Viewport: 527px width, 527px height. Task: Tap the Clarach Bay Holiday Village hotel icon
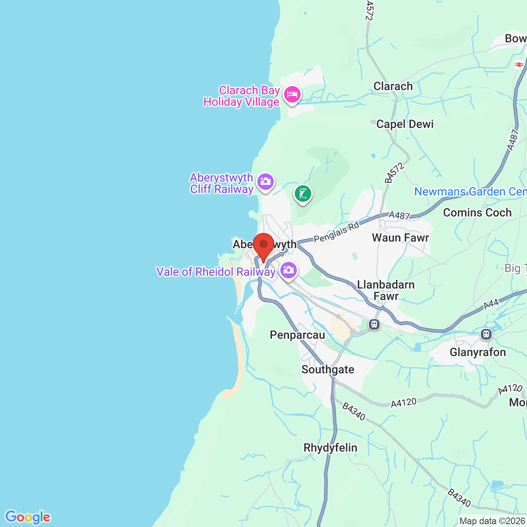tap(292, 94)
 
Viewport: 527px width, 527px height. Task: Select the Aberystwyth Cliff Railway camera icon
tap(266, 182)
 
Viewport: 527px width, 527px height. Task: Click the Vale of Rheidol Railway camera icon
tap(289, 270)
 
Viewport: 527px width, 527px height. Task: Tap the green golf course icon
tap(303, 194)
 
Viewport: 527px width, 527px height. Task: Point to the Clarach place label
tap(393, 86)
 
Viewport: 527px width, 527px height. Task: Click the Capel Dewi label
tap(405, 124)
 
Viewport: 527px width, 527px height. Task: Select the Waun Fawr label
tap(400, 238)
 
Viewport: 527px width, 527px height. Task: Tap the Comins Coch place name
tap(477, 213)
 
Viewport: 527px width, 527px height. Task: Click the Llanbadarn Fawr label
tap(386, 290)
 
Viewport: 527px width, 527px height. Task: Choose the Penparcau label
tap(297, 335)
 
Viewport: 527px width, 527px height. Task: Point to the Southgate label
tap(328, 370)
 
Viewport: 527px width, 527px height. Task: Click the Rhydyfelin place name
tap(330, 448)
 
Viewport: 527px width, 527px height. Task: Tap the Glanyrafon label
tap(478, 352)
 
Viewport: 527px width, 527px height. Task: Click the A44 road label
tap(491, 304)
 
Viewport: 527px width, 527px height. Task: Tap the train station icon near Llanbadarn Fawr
tap(374, 324)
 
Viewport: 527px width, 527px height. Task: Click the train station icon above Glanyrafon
tap(486, 334)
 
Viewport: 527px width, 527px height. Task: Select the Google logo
tap(28, 517)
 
